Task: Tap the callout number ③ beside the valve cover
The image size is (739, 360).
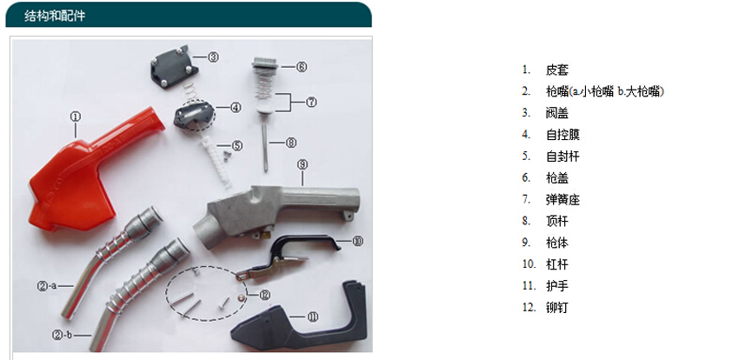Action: point(213,57)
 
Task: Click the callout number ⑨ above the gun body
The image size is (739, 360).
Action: point(303,164)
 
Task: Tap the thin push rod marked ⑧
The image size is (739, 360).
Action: point(265,149)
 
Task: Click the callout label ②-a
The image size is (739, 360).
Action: point(47,285)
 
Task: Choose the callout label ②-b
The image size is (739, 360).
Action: point(62,335)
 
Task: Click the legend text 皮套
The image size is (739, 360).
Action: point(557,70)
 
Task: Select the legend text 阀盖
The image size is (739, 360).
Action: point(557,113)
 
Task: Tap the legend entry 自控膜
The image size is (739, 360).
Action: point(563,135)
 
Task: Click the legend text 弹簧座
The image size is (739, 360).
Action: point(563,200)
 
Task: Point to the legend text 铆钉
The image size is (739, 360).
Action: point(557,308)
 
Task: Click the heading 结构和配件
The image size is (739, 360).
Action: point(55,16)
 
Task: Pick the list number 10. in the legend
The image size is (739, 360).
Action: point(529,264)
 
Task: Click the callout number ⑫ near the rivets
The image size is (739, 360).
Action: point(264,295)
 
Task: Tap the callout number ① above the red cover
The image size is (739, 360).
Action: point(76,117)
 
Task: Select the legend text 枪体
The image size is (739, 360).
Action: point(557,243)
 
